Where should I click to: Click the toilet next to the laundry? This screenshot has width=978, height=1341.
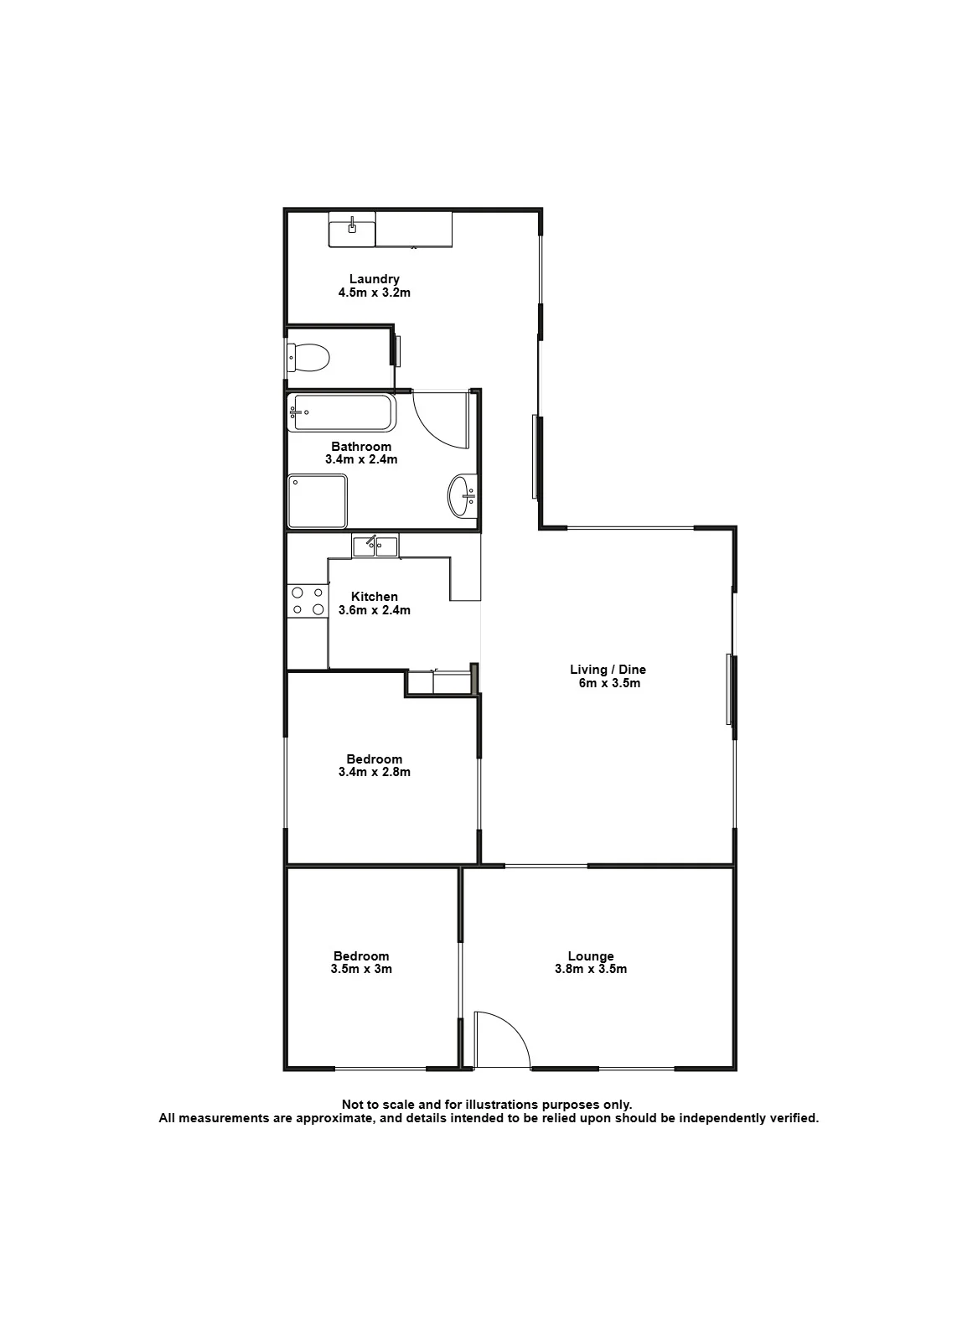308,357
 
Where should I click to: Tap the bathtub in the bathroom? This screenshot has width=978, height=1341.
342,412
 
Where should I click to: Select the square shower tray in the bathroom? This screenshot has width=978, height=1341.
318,501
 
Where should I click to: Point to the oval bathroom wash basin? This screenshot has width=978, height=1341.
462,494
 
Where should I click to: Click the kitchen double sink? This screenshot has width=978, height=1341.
375,546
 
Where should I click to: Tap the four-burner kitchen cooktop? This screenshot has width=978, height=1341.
308,601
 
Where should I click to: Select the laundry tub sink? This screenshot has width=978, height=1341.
352,230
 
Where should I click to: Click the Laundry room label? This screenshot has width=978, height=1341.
374,279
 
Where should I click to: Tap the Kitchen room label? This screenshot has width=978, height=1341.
374,596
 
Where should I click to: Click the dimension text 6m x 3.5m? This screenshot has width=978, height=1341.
609,683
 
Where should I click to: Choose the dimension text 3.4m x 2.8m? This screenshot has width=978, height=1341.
374,772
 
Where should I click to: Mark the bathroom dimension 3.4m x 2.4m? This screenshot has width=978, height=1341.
361,459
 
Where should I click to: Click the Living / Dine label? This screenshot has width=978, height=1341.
608,670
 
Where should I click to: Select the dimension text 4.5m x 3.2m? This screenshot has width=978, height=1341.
374,293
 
